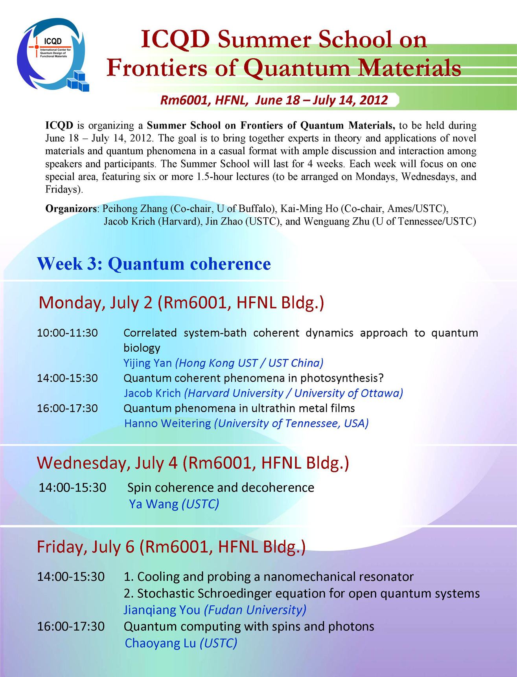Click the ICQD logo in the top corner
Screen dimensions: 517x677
[53, 54]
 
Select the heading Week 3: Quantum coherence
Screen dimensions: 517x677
[154, 264]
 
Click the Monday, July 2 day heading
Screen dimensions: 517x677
[181, 303]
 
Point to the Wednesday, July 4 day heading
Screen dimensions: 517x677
[193, 463]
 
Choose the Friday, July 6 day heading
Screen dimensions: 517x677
[171, 547]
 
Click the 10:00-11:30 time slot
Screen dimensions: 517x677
[67, 333]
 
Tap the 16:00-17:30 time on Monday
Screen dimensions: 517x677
[67, 408]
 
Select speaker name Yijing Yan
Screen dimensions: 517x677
[148, 363]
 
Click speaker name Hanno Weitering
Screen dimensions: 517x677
[167, 423]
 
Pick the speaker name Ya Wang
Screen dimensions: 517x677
[154, 504]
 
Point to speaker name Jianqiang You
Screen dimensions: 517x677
[162, 610]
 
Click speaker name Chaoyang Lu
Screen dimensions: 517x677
[160, 643]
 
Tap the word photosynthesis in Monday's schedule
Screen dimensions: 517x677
[342, 378]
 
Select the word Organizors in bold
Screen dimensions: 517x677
[71, 209]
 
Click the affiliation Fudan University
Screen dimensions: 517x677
[255, 610]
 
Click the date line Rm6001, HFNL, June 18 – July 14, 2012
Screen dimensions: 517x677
[274, 100]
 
